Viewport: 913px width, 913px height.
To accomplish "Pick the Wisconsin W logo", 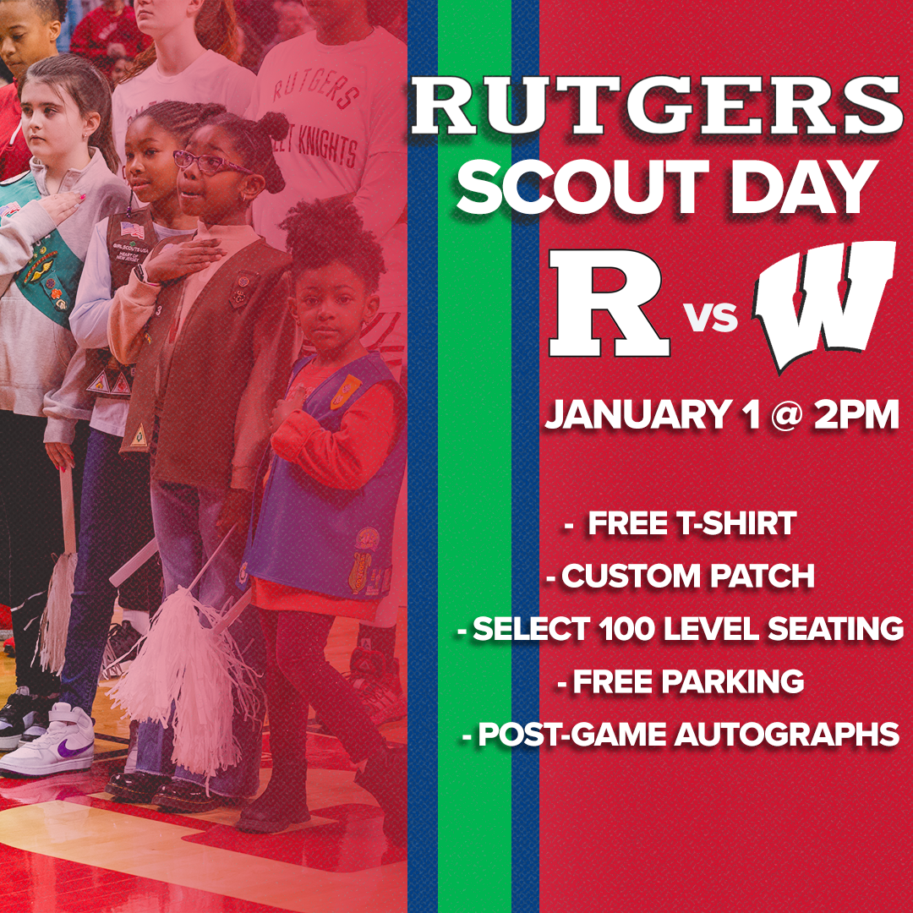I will pos(824,304).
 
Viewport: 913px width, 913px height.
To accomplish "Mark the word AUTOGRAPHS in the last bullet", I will pos(786,735).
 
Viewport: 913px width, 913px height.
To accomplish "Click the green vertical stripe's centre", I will pos(474,456).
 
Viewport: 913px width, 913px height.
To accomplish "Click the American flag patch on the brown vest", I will pos(131,228).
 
